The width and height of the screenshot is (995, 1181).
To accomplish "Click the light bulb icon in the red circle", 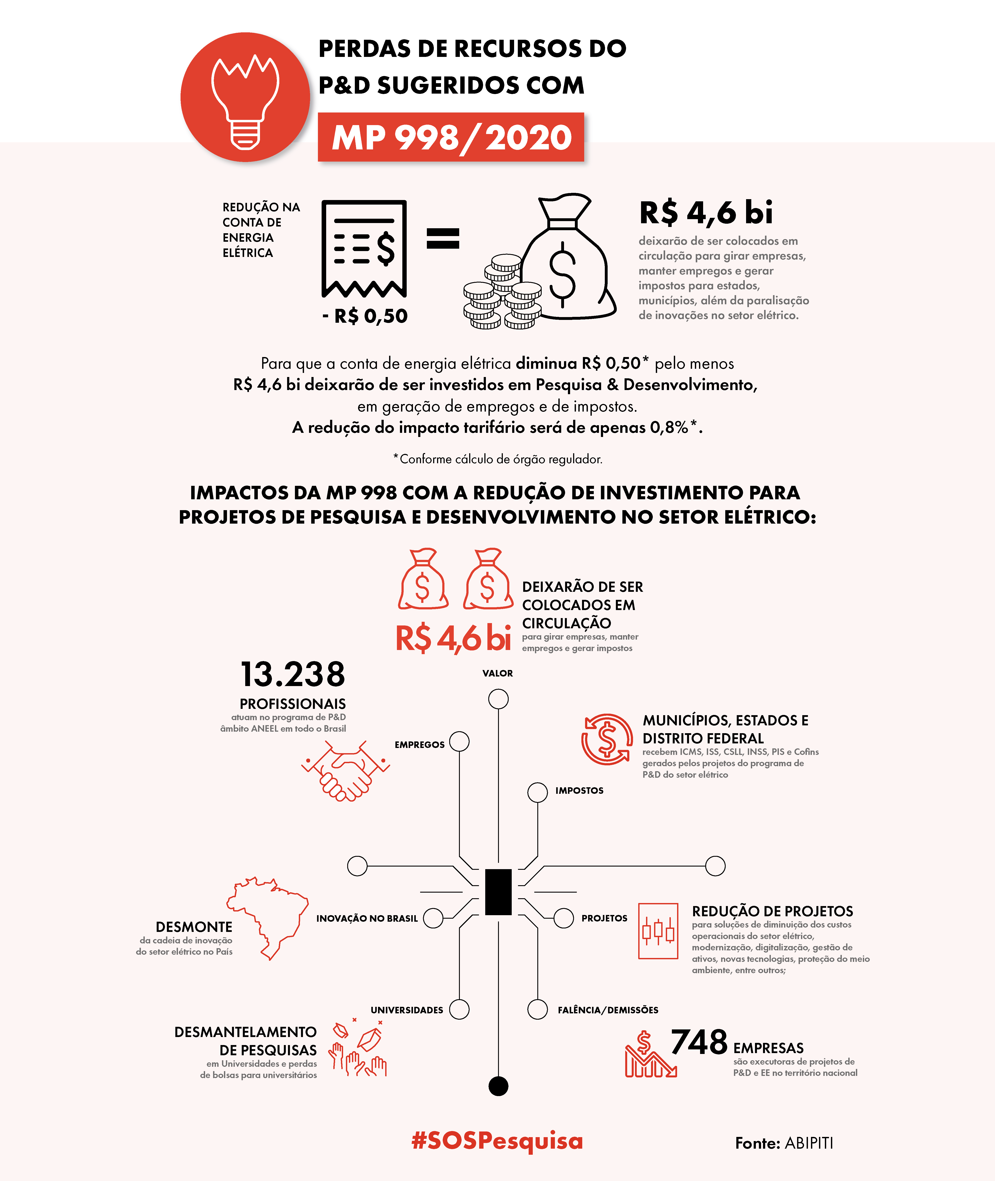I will tap(245, 102).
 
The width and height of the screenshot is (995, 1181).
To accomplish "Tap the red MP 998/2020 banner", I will tap(451, 137).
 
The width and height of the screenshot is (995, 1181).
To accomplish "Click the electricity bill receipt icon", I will tap(364, 248).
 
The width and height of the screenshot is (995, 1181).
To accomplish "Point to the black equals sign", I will tap(443, 238).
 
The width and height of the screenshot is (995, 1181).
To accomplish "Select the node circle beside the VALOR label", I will tap(498, 699).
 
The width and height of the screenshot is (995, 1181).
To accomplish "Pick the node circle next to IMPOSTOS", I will tap(538, 792).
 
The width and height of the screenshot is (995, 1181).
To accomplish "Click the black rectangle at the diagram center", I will tap(498, 892).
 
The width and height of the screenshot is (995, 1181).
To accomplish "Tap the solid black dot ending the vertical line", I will tap(498, 1086).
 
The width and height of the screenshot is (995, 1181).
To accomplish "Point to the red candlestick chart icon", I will tap(658, 931).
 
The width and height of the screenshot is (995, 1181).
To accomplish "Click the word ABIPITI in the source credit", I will tap(808, 1143).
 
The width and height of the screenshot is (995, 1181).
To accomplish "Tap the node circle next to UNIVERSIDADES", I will tap(459, 1009).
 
